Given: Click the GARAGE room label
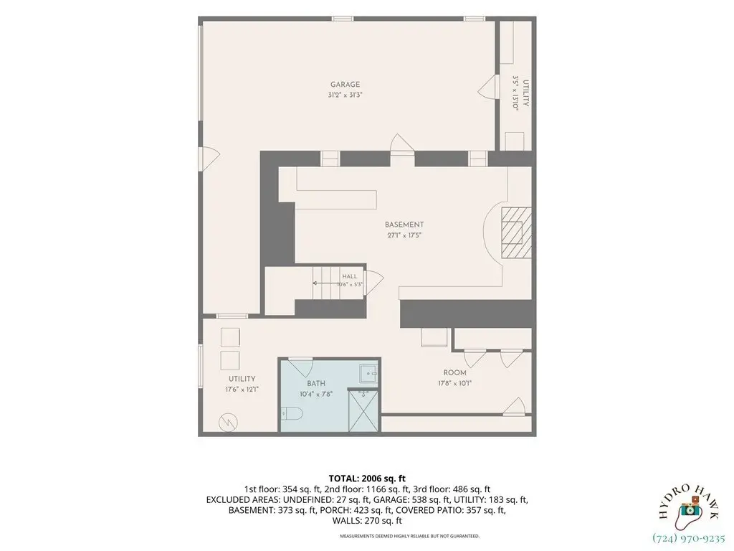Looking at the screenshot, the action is pos(345,85).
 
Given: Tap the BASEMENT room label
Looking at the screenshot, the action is pos(404,225).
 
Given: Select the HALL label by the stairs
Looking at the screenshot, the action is pos(349,276).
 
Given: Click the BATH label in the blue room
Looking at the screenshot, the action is pos(316,383).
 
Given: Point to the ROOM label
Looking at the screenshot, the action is pos(454,373).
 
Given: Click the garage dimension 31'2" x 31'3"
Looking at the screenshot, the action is pos(345,95).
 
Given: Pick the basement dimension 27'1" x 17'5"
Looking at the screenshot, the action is pos(404,235).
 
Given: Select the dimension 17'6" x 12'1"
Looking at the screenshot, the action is pos(242,389).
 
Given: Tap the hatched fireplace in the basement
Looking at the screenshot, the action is pos(516,232).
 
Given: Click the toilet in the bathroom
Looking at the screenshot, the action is pos(292,413).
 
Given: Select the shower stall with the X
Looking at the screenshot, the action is pos(363,411).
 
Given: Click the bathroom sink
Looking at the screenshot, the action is pos(369,374).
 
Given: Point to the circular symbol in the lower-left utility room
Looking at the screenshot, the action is pos(228,423).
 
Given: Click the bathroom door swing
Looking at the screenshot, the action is pos(300,367).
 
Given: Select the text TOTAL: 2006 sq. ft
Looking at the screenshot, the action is pos(367,479).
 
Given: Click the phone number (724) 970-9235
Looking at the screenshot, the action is pos(689,538).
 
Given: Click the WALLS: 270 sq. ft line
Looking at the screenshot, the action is pos(367,521).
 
